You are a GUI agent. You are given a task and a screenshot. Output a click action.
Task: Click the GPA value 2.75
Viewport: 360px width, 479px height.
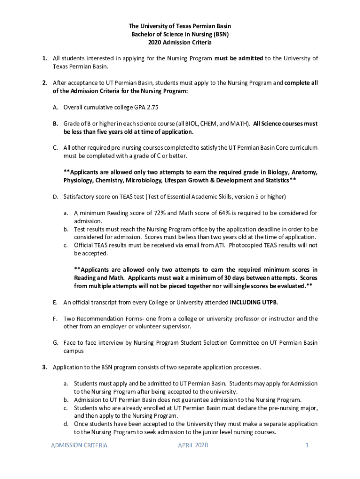pyautogui.click(x=152, y=107)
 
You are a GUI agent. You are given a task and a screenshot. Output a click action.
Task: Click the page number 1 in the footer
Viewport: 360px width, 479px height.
pyautogui.click(x=307, y=445)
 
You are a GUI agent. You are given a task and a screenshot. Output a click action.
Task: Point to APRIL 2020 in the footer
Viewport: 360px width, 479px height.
pyautogui.click(x=193, y=445)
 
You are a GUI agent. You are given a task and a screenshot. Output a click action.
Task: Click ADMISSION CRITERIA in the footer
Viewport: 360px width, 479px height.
pyautogui.click(x=79, y=445)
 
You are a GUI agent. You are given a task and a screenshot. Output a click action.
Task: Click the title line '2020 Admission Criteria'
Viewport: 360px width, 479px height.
pyautogui.click(x=180, y=43)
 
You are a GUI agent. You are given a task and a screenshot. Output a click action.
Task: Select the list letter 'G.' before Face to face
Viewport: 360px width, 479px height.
pyautogui.click(x=55, y=342)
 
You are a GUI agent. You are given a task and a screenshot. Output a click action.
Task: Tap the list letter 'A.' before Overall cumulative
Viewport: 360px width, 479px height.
pyautogui.click(x=55, y=107)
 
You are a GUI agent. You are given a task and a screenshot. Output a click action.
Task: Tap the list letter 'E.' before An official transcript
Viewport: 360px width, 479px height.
pyautogui.click(x=55, y=302)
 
